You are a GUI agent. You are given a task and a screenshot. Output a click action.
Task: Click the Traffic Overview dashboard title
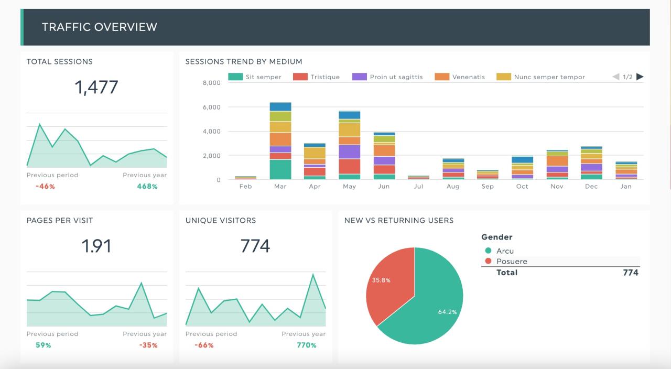pos(99,27)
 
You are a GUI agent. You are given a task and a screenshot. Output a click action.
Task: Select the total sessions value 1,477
pos(96,87)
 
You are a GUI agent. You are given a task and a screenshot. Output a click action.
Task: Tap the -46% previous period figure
pos(45,186)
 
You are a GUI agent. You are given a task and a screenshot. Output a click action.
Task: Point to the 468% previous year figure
pos(147,186)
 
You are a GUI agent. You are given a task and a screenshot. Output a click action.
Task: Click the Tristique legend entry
pos(316,77)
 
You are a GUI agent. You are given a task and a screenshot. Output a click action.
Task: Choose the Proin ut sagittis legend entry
pos(387,77)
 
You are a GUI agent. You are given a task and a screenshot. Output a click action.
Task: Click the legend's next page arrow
pos(640,77)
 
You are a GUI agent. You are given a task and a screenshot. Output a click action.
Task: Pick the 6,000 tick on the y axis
pos(211,107)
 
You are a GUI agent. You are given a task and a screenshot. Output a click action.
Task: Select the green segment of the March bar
pos(280,169)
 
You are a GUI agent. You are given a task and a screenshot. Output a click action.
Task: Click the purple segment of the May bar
pos(349,151)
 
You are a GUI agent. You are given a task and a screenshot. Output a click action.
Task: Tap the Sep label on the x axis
pos(488,187)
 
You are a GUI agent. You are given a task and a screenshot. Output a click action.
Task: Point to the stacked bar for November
pos(557,165)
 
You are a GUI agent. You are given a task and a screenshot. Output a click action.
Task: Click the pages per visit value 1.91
pos(96,246)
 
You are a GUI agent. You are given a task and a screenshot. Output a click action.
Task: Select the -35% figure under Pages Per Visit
pos(148,345)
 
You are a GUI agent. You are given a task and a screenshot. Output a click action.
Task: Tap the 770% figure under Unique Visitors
pos(306,345)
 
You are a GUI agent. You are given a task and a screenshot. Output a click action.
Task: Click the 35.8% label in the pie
pos(381,280)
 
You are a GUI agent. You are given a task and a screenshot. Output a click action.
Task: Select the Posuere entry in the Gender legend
pos(511,261)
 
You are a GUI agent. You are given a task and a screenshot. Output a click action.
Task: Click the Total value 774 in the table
pos(630,273)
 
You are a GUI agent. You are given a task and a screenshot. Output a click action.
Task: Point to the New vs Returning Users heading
pos(398,221)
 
